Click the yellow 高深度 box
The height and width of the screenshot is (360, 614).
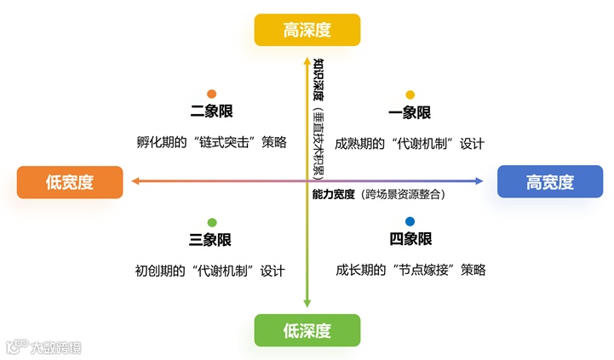[307, 31]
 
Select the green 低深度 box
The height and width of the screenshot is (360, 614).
[307, 330]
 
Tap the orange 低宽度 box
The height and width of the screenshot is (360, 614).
[70, 181]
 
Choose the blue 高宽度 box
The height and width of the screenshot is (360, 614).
[549, 181]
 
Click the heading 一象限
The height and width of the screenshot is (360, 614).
[410, 112]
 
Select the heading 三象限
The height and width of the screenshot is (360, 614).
[210, 240]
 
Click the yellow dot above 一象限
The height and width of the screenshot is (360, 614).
[410, 94]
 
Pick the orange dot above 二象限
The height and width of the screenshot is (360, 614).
[211, 94]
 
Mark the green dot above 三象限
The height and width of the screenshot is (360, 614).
[211, 222]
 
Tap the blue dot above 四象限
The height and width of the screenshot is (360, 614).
[410, 222]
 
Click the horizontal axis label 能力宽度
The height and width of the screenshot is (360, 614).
[334, 194]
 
